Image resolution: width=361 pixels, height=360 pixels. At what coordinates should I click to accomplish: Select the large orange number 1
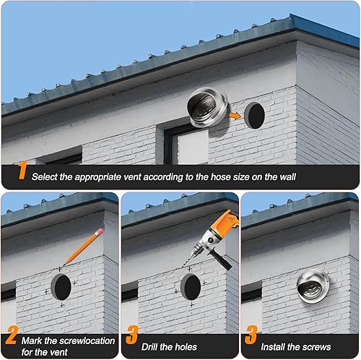pos(22,172)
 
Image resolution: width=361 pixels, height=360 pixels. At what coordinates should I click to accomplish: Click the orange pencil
pos(83,247)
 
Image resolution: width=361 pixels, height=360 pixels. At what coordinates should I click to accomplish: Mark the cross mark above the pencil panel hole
pos(61,268)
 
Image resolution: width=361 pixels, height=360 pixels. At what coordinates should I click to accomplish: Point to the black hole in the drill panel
pos(190,287)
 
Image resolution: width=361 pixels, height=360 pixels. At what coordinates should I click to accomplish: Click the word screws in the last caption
pos(316,347)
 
